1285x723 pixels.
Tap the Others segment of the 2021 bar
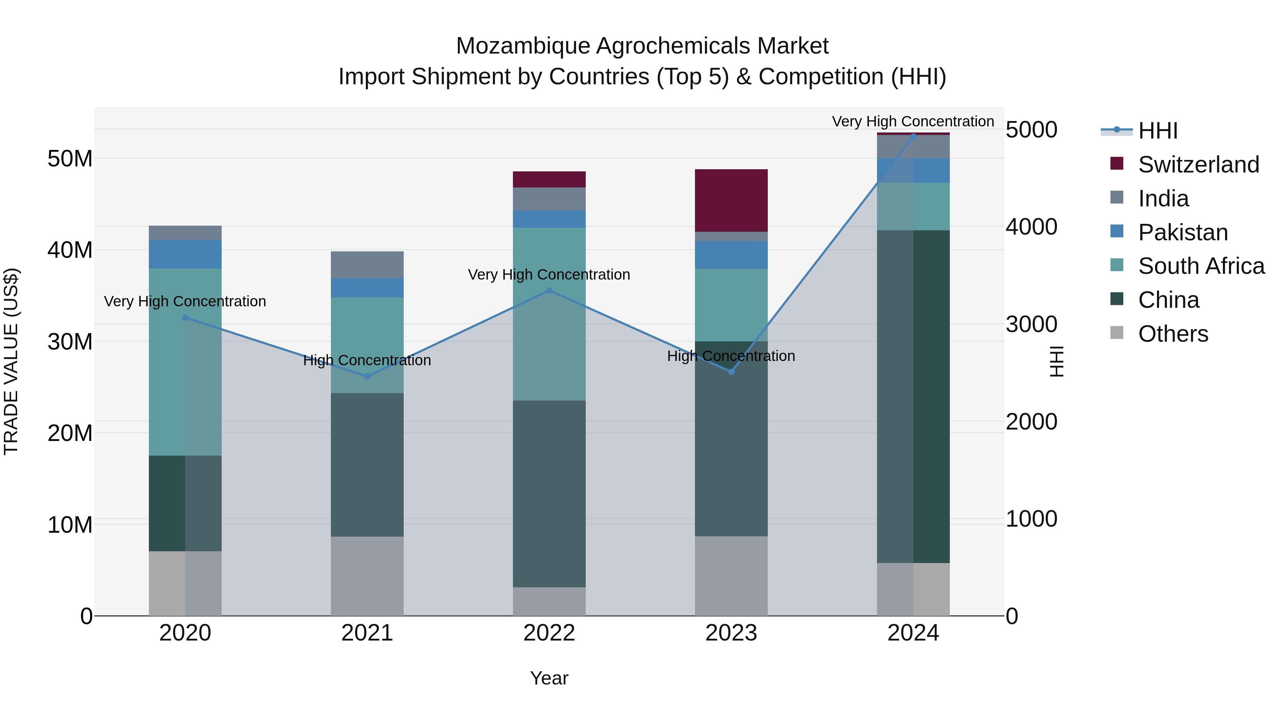point(367,576)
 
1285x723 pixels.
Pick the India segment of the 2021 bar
point(367,265)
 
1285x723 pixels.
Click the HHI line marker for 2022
point(549,290)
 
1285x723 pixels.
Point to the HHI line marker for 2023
point(731,372)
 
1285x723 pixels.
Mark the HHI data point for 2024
point(913,136)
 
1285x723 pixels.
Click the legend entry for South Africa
point(1201,266)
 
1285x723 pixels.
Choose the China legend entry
point(1168,300)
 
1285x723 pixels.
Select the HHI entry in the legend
point(1157,131)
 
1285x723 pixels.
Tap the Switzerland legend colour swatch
point(1117,164)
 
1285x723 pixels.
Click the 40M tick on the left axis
point(70,250)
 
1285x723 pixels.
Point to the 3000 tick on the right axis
point(1031,324)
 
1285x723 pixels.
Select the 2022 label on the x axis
point(549,633)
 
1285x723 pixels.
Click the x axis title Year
point(549,678)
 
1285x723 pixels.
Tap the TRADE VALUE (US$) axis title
point(11,361)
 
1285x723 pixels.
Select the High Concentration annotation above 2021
point(367,360)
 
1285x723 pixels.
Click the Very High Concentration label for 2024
point(913,121)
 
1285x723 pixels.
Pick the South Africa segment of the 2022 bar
point(549,314)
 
